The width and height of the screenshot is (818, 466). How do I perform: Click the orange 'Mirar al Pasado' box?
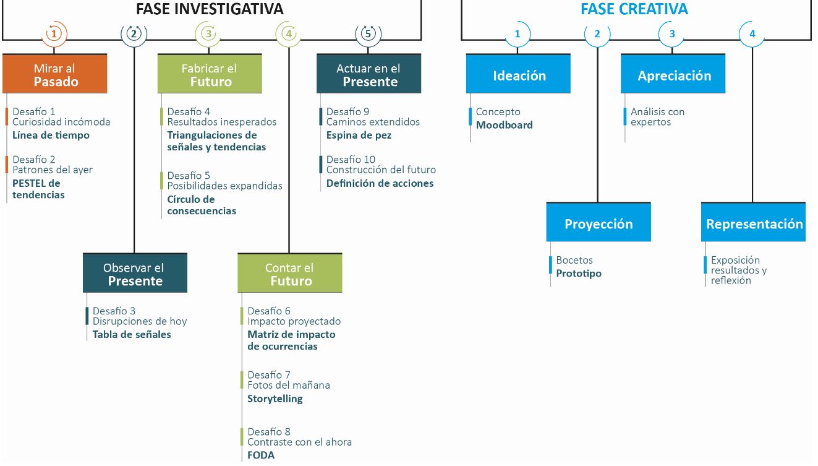[55, 74]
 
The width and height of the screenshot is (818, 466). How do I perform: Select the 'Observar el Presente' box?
[135, 274]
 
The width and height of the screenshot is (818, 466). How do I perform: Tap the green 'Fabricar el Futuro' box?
[210, 74]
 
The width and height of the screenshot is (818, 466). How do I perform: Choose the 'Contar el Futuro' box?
[290, 274]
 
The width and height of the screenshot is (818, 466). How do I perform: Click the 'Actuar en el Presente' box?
[369, 74]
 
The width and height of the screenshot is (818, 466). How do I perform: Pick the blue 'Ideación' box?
[519, 75]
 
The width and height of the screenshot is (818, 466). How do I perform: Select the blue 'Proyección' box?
[598, 223]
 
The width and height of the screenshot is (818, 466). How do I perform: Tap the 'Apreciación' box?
[673, 75]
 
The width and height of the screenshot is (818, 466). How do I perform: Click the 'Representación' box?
[754, 223]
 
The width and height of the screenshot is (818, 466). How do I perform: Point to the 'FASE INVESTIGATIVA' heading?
[210, 9]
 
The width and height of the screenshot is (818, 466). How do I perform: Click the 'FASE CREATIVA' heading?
[634, 9]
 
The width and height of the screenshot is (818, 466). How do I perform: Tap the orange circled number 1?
[54, 33]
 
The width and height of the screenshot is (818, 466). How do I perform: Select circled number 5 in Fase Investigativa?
[368, 33]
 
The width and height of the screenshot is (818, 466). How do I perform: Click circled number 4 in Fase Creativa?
[752, 34]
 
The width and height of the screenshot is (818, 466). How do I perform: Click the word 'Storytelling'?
[275, 399]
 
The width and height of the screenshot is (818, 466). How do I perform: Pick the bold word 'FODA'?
[261, 455]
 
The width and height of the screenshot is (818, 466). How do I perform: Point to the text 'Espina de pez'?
[359, 135]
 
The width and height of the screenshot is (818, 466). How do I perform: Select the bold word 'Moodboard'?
[504, 124]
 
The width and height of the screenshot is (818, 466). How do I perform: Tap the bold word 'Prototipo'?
[579, 273]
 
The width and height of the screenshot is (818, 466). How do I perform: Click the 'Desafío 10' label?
[351, 159]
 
